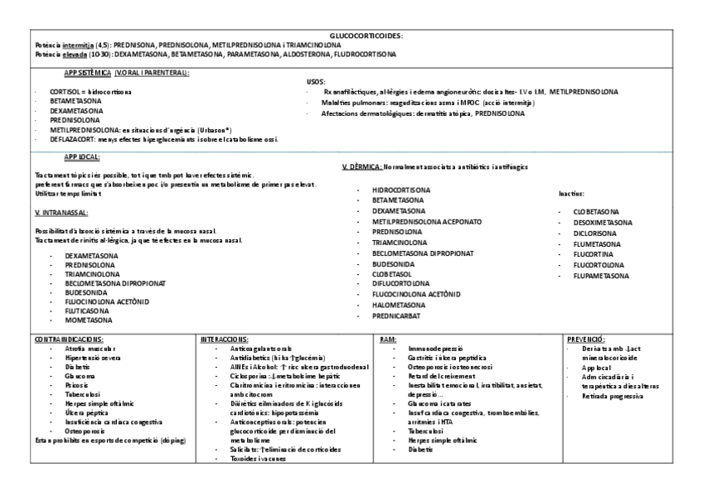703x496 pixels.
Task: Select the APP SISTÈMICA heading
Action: [87, 73]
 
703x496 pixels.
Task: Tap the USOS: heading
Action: [315, 82]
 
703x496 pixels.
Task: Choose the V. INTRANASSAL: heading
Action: [61, 213]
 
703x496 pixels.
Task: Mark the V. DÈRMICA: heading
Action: [361, 166]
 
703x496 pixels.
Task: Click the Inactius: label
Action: [574, 194]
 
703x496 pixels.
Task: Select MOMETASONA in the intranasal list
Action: [89, 318]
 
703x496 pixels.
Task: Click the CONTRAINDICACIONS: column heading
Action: [69, 339]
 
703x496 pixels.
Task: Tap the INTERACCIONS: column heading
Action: [225, 339]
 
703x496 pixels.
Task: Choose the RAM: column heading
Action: [386, 339]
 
